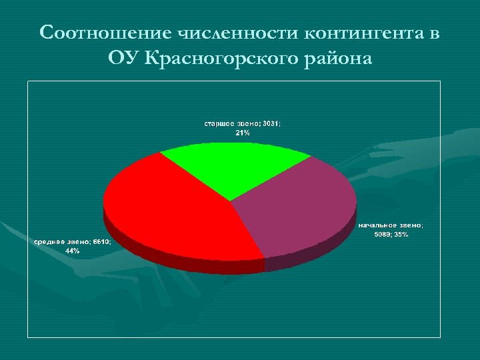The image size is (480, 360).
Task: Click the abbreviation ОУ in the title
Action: pyautogui.click(x=125, y=59)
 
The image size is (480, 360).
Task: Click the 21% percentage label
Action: pyautogui.click(x=243, y=133)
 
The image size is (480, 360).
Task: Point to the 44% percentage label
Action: pyautogui.click(x=72, y=251)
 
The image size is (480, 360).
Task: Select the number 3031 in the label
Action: pyautogui.click(x=271, y=124)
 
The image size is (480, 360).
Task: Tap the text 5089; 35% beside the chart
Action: pyautogui.click(x=391, y=235)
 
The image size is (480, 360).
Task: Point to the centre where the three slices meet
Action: pyautogui.click(x=231, y=201)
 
